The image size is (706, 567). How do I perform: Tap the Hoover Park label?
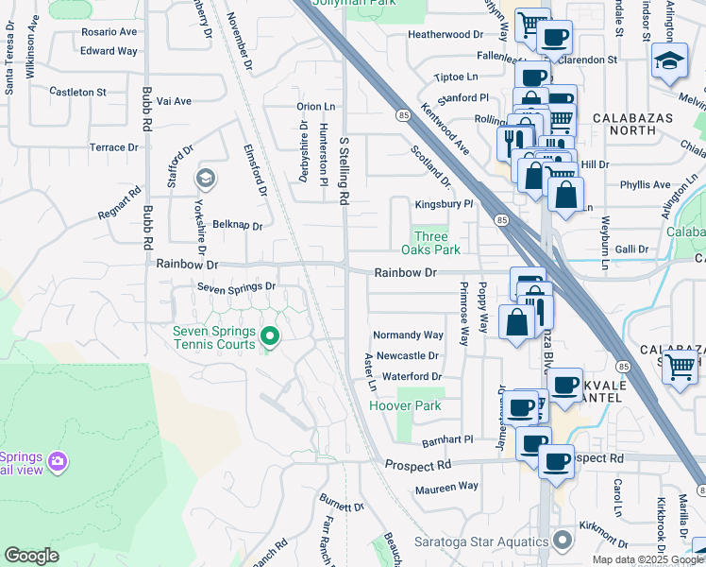tap(405, 405)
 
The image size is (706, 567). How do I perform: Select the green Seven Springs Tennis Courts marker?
tap(270, 336)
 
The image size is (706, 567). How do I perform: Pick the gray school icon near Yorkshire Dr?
tap(205, 178)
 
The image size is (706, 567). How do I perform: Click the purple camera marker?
tap(59, 461)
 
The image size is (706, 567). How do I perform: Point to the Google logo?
tap(31, 556)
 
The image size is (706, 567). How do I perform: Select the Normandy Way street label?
tap(408, 335)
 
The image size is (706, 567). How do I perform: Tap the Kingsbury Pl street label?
tap(443, 204)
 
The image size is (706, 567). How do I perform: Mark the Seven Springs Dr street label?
tap(236, 286)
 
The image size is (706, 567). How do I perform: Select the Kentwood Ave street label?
tap(445, 129)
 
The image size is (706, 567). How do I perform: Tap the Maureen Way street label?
tap(446, 487)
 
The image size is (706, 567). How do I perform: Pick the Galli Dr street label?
tap(630, 249)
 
